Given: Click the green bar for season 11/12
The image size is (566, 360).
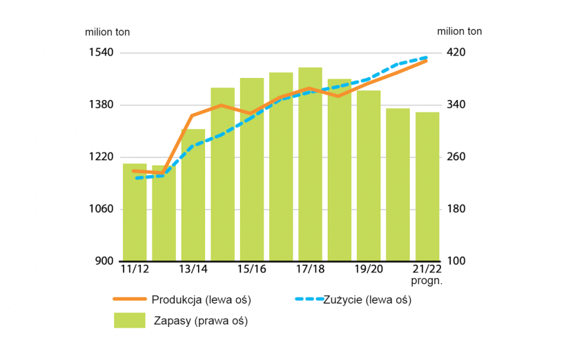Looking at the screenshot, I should [135, 214].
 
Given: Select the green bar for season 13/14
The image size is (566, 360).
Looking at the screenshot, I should [193, 197].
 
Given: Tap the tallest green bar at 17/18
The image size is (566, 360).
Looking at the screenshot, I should [310, 166].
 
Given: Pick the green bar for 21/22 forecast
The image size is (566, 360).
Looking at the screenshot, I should [427, 186].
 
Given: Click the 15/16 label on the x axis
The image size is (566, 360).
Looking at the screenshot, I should [251, 269].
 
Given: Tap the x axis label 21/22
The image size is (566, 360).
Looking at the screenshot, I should [427, 269].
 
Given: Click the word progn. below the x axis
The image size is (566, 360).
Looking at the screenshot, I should [427, 280].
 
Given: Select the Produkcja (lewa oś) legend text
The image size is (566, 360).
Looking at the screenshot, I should [201, 300].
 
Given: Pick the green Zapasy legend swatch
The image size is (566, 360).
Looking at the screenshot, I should [130, 321].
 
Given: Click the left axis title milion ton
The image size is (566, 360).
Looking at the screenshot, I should [107, 32].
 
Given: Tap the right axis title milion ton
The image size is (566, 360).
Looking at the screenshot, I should [460, 31].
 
